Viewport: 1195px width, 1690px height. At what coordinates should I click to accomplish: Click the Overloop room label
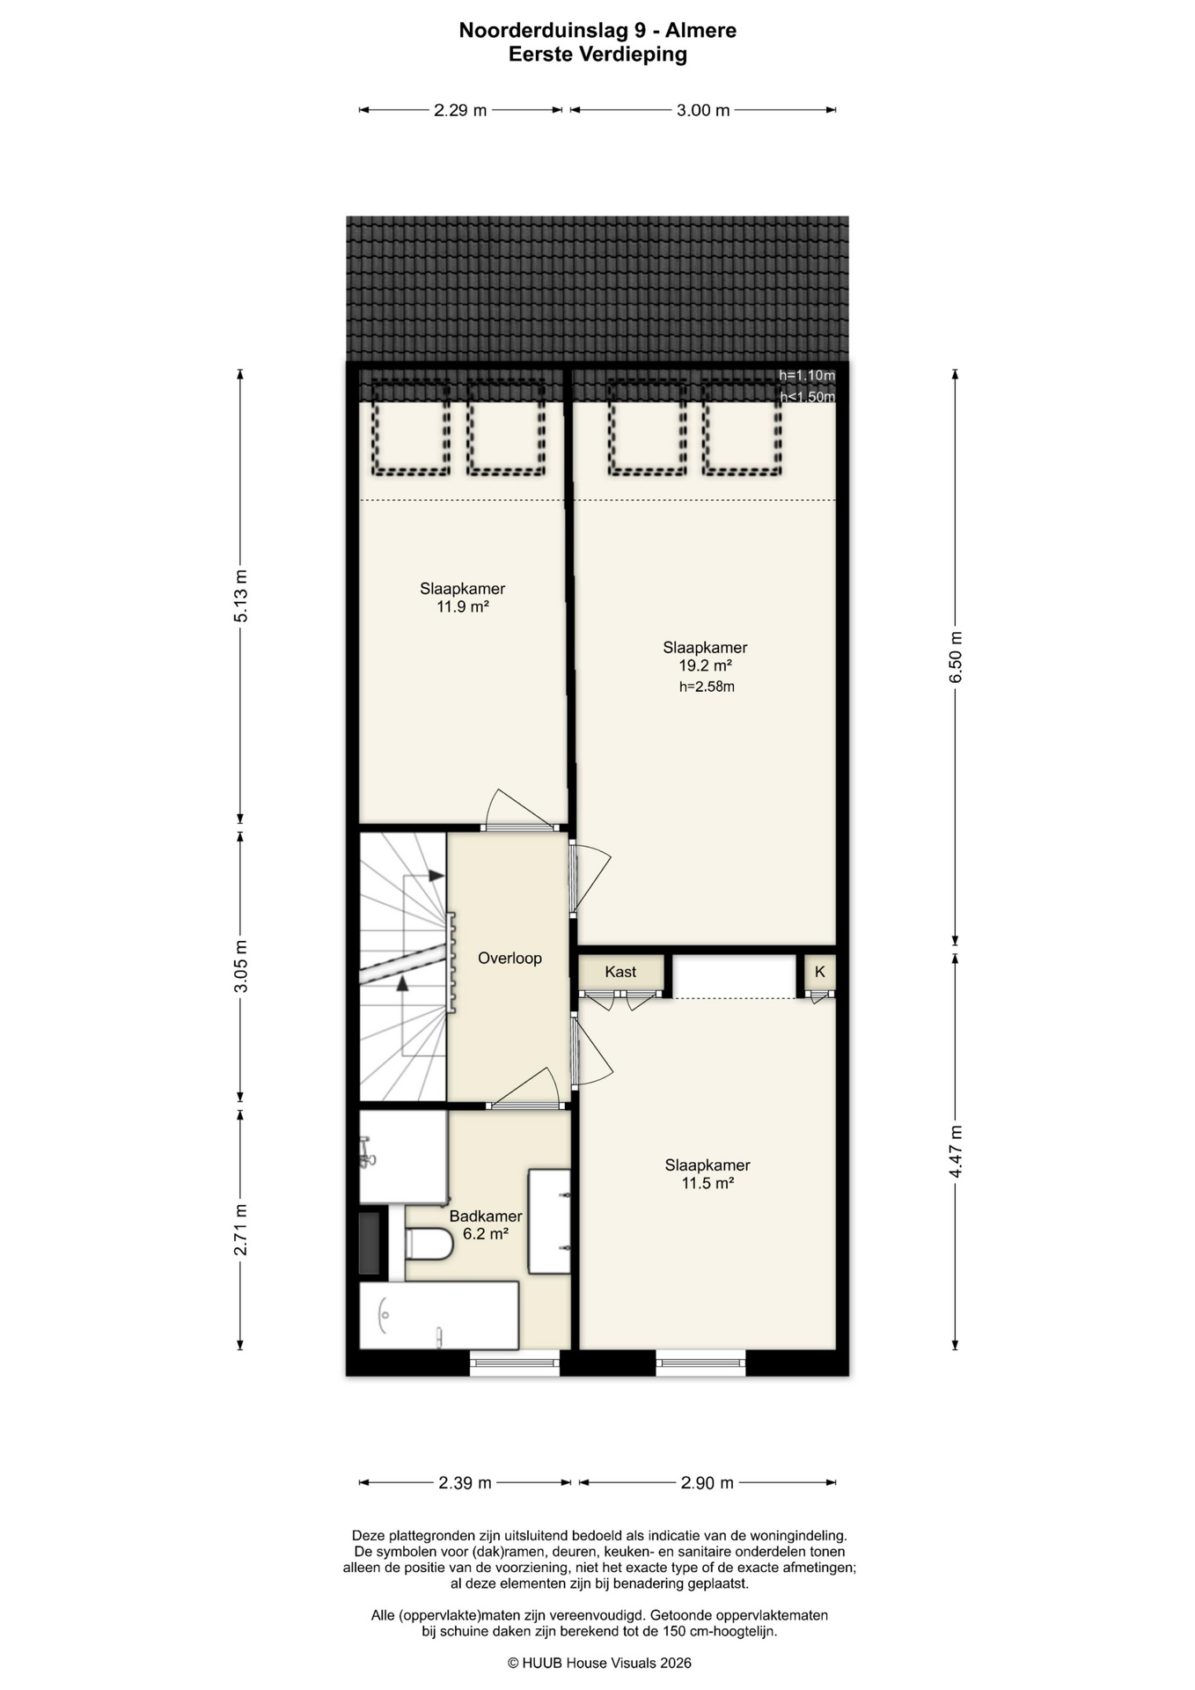point(510,958)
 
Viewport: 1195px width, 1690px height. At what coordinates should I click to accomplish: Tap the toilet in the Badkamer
point(429,1244)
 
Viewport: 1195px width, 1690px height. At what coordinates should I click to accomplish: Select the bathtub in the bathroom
point(439,1315)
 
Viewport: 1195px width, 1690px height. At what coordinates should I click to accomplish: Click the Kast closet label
point(620,972)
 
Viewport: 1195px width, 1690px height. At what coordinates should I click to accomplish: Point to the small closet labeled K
point(820,972)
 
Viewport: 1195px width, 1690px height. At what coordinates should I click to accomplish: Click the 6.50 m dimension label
point(957,657)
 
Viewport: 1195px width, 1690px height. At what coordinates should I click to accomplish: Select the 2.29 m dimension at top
point(460,110)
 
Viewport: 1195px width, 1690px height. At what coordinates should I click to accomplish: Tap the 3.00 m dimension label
point(703,110)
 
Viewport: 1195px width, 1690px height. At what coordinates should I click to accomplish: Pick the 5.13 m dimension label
point(240,596)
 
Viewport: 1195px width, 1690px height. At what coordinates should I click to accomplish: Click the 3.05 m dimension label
point(240,966)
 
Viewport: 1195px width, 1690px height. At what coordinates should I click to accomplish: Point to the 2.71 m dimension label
point(240,1230)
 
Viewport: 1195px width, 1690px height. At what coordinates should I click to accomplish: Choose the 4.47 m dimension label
point(957,1151)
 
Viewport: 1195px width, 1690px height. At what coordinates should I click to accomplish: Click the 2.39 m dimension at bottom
point(465,1483)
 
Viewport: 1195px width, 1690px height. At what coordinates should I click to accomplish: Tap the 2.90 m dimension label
point(707,1483)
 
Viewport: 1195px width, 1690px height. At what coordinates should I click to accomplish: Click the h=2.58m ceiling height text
point(707,687)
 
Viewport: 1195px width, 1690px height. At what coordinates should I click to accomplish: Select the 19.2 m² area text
point(705,666)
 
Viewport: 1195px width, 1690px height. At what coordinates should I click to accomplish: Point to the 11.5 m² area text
point(707,1184)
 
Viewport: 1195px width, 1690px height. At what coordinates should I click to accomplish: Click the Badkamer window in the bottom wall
point(515,1363)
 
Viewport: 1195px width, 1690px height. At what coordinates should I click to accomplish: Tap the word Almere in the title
point(700,31)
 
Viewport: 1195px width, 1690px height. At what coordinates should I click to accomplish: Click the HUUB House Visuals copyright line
point(599,1663)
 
